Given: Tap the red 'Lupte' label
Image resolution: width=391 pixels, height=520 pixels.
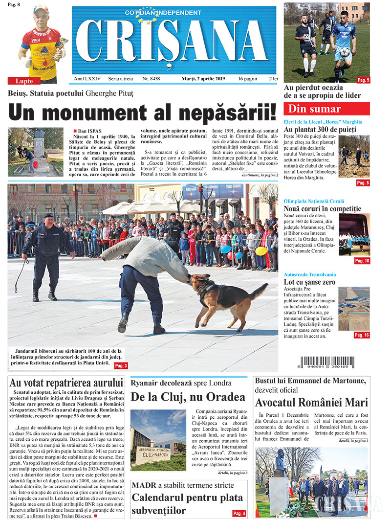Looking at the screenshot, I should click(x=24, y=81).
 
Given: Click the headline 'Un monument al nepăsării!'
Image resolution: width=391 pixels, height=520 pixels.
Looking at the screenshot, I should click(x=142, y=111).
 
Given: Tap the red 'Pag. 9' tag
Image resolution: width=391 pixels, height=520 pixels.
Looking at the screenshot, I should click(x=363, y=80).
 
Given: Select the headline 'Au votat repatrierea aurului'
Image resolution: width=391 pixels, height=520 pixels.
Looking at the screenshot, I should click(x=66, y=383).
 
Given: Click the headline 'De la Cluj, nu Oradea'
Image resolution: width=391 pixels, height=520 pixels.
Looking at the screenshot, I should click(x=188, y=396).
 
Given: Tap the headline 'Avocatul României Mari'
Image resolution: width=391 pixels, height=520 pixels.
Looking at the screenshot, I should click(x=311, y=403).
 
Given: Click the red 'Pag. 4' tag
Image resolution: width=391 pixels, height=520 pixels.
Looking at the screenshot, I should click(x=239, y=513).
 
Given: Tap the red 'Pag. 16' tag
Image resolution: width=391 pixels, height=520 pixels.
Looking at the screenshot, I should click(x=362, y=335).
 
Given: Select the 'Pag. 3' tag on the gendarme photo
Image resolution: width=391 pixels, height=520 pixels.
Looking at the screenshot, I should click(x=121, y=365).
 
